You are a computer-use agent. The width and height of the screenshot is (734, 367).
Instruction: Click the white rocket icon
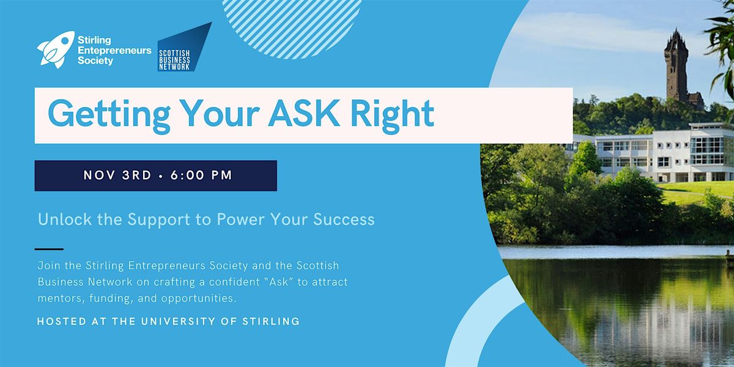[x=56, y=48]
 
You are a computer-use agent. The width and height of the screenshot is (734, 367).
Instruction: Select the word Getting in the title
[x=100, y=115]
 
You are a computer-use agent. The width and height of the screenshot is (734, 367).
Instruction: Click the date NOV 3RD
[x=117, y=176]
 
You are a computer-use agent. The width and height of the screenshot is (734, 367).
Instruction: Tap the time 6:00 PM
[x=202, y=176]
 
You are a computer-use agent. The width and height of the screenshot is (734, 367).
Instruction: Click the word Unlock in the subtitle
[x=61, y=220]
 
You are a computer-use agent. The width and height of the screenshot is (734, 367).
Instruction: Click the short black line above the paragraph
[x=49, y=249]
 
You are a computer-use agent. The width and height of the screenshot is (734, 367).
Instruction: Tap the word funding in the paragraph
[x=111, y=298]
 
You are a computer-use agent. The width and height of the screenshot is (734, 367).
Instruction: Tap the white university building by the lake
[x=654, y=153]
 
